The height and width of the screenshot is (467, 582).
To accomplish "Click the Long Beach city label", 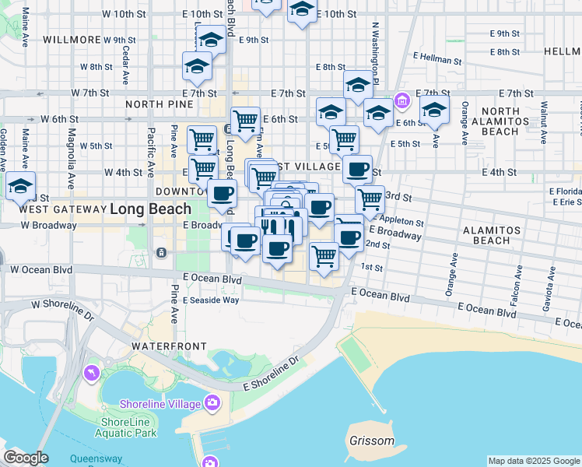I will pyautogui.click(x=150, y=209).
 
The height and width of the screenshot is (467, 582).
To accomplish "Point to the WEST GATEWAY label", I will pyautogui.click(x=61, y=209).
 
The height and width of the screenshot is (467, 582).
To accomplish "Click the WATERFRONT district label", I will pyautogui.click(x=169, y=346).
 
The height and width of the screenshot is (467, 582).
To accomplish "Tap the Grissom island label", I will pyautogui.click(x=372, y=441).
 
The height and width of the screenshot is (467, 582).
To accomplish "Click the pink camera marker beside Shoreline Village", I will pyautogui.click(x=212, y=403).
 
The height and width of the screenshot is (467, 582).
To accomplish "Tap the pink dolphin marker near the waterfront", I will pyautogui.click(x=92, y=374).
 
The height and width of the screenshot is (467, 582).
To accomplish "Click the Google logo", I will pyautogui.click(x=26, y=458).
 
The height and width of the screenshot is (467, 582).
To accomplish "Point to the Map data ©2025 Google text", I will pyautogui.click(x=533, y=461).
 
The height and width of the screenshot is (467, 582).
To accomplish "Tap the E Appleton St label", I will pyautogui.click(x=398, y=222).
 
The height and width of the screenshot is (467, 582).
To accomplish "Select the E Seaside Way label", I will pyautogui.click(x=212, y=300).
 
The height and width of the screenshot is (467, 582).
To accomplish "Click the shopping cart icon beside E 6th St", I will pyautogui.click(x=245, y=121).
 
